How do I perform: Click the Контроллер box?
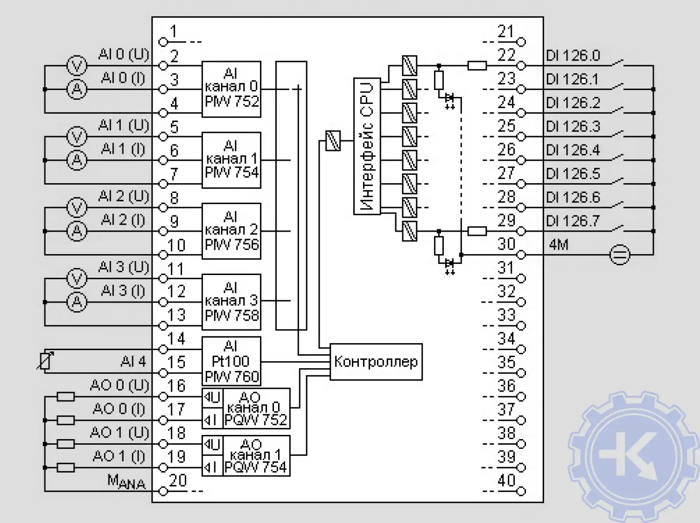click(x=376, y=362)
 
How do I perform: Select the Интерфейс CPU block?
click(x=367, y=146)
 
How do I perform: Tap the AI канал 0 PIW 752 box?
click(x=231, y=89)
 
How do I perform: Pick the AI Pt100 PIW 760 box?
click(x=231, y=361)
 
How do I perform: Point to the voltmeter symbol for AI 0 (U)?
click(x=77, y=66)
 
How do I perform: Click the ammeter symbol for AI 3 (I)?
click(x=77, y=302)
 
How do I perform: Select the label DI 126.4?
click(x=573, y=150)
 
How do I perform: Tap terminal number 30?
click(x=506, y=244)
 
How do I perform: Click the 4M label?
click(x=559, y=245)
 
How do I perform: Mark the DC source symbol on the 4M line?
click(x=620, y=255)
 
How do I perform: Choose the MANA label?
click(x=126, y=482)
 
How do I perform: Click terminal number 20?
click(x=178, y=481)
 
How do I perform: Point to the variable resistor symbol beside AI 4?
click(x=45, y=360)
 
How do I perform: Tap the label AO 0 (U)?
click(x=119, y=385)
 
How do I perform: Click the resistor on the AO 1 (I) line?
click(x=65, y=467)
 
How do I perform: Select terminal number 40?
click(x=506, y=481)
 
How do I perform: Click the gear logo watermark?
click(x=632, y=454)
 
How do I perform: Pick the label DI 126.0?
click(x=573, y=55)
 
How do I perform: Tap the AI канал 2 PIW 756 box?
click(x=231, y=231)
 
